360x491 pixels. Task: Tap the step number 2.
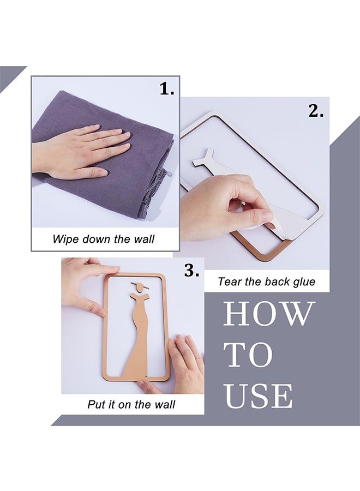pos(316,111)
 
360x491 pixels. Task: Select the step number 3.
pos(191,270)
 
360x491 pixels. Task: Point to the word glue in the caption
pos(304,282)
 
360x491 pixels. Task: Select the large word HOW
pos(269,314)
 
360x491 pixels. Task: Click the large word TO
pos(249,355)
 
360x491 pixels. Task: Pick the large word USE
pos(259,396)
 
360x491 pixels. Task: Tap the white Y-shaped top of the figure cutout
pos(204,158)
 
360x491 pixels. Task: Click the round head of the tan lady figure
pos(140,286)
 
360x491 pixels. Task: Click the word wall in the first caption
pos(145,239)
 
